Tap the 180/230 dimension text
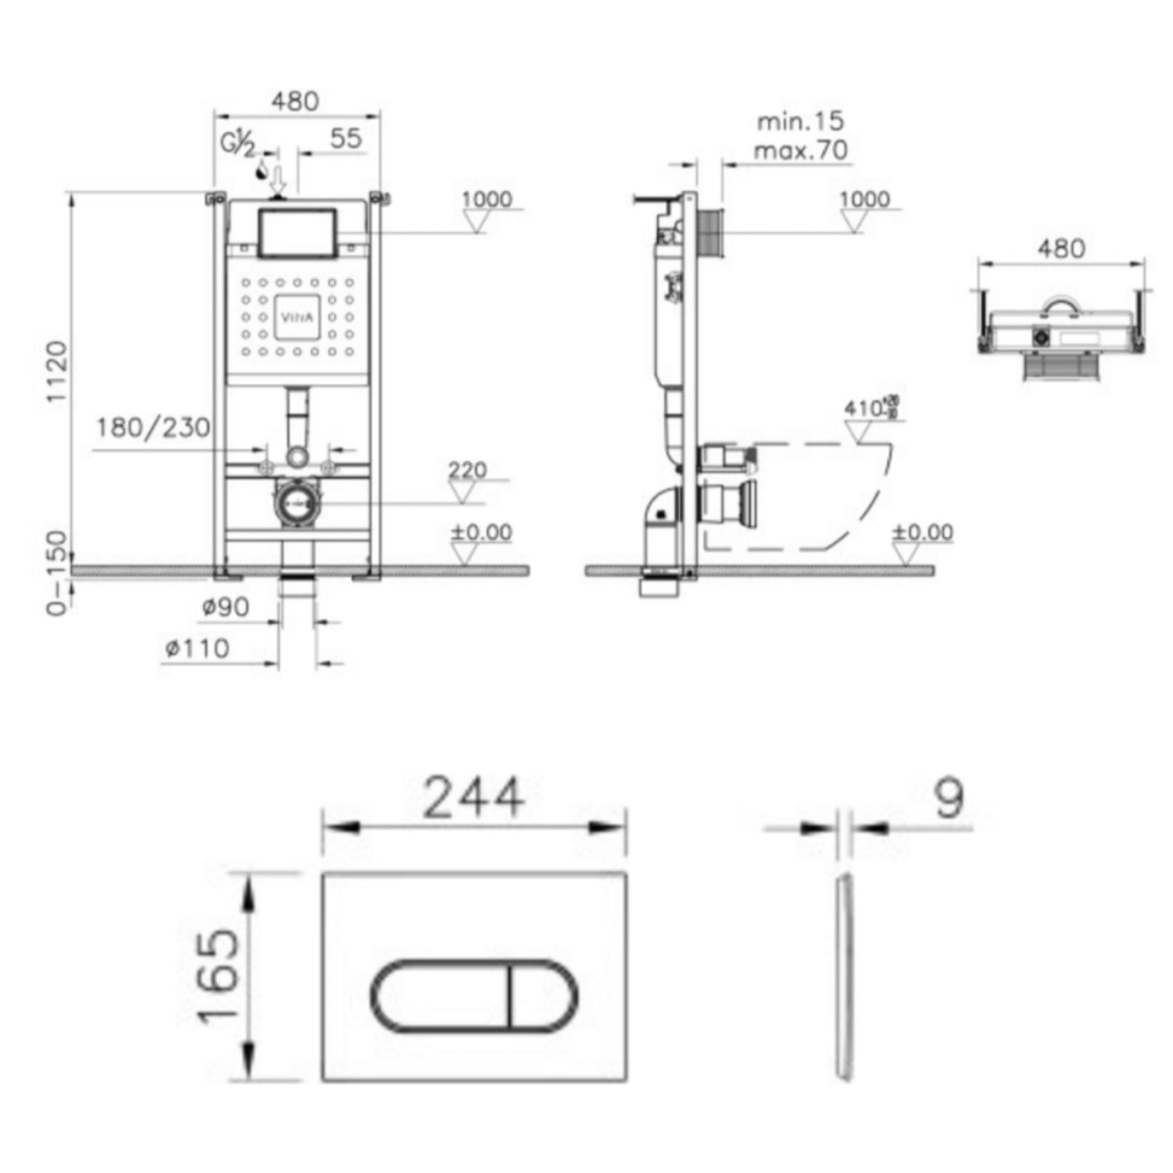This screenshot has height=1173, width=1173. tap(154, 428)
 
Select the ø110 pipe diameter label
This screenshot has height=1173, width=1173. tap(198, 648)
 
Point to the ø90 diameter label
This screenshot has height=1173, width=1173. tap(226, 608)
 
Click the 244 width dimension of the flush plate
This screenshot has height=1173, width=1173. tap(474, 798)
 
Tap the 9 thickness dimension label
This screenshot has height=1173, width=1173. tap(949, 798)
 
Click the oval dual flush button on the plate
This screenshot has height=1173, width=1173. tap(474, 996)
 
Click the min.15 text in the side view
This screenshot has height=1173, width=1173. tap(800, 121)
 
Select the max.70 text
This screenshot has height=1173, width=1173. tap(800, 151)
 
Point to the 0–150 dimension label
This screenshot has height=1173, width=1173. tap(56, 573)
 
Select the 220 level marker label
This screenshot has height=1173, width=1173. tap(467, 471)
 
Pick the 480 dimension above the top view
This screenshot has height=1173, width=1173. tap(1061, 247)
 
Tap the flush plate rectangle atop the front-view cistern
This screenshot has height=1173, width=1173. tap(298, 233)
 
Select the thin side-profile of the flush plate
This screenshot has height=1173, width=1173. tap(844, 977)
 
